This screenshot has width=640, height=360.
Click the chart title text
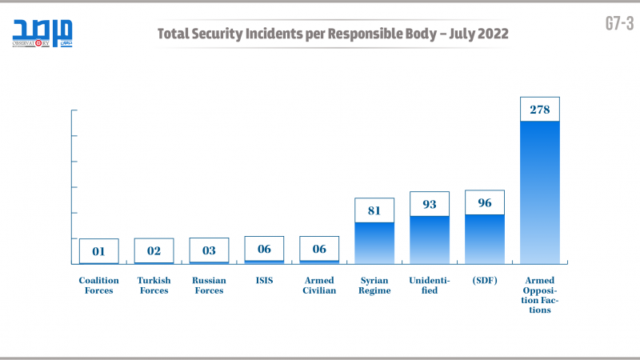(332, 34)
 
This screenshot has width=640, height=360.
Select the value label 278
(540, 110)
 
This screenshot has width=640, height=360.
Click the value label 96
(485, 203)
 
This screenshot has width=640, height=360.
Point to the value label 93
(430, 204)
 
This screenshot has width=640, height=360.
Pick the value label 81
(374, 210)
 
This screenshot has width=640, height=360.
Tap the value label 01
(99, 250)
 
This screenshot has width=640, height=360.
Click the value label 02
(154, 250)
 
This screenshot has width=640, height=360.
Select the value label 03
(209, 250)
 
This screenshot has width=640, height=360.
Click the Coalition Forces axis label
(98, 286)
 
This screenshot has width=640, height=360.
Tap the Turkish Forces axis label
(154, 286)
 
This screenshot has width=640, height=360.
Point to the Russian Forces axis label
(209, 286)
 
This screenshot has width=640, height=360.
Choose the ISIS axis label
(264, 281)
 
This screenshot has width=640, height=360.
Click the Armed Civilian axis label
(319, 286)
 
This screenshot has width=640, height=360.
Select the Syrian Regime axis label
(374, 286)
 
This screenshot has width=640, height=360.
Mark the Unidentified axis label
(430, 286)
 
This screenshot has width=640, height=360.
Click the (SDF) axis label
(485, 281)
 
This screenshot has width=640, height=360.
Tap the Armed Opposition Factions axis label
(540, 295)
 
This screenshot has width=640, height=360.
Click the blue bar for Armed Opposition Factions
(540, 192)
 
